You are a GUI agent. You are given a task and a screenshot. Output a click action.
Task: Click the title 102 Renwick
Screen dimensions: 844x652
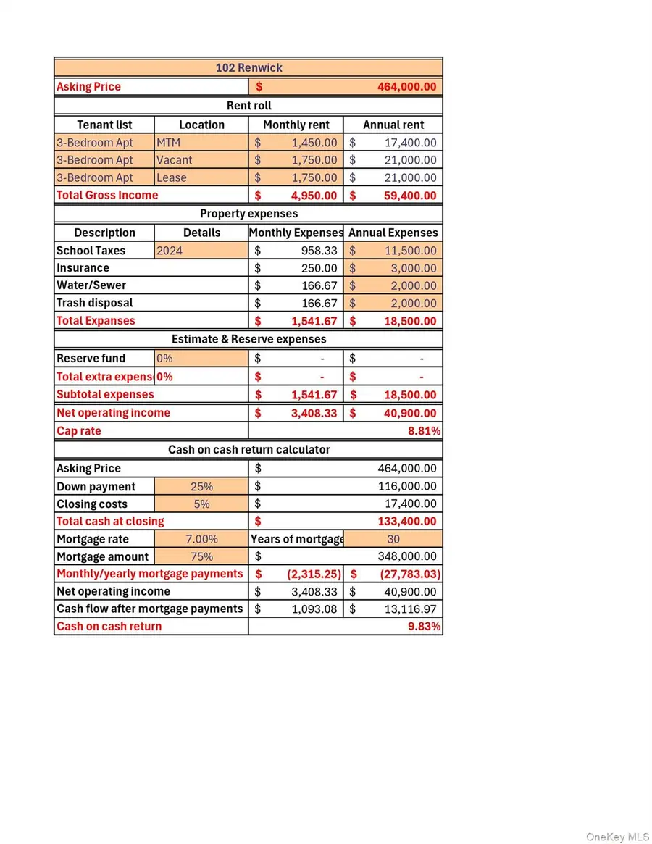(x=248, y=68)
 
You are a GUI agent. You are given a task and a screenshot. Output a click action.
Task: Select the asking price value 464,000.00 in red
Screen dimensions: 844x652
(x=406, y=87)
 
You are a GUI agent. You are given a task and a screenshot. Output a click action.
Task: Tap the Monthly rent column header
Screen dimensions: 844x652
(x=296, y=125)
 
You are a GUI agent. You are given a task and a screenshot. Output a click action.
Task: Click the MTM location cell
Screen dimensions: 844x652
(x=168, y=143)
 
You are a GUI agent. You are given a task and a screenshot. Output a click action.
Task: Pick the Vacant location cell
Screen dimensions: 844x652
(x=175, y=160)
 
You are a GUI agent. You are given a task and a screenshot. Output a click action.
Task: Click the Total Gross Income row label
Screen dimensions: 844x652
(x=107, y=195)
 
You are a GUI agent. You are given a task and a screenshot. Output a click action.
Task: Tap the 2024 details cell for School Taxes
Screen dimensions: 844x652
(x=170, y=251)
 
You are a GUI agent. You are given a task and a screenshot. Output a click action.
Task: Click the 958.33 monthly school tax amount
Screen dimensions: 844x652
(x=319, y=251)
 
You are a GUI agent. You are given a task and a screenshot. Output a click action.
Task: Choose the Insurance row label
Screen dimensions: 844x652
(x=83, y=268)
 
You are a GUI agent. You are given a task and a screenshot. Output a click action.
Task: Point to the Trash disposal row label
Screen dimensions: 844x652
(x=95, y=303)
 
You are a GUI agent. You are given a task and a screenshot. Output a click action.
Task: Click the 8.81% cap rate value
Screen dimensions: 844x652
(x=425, y=431)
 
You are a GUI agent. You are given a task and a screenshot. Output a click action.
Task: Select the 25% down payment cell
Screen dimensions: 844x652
(x=201, y=487)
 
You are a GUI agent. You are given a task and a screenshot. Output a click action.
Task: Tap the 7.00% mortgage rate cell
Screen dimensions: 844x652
(x=201, y=539)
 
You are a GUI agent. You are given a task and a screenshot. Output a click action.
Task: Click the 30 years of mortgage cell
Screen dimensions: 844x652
(x=393, y=539)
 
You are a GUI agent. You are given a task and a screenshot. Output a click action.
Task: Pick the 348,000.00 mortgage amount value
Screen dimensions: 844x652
(x=407, y=556)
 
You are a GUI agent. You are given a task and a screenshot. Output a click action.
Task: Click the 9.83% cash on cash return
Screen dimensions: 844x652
(x=425, y=627)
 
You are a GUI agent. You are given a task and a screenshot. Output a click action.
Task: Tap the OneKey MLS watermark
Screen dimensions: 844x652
(x=617, y=837)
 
